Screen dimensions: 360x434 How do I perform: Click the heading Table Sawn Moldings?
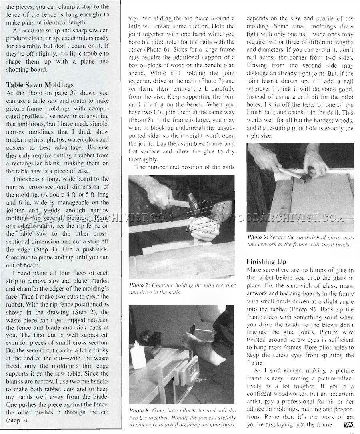click(40, 85)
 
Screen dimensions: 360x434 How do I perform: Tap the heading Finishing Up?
click(266, 262)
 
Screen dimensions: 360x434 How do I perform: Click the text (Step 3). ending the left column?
click(17, 420)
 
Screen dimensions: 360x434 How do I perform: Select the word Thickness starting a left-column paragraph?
click(25, 179)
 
